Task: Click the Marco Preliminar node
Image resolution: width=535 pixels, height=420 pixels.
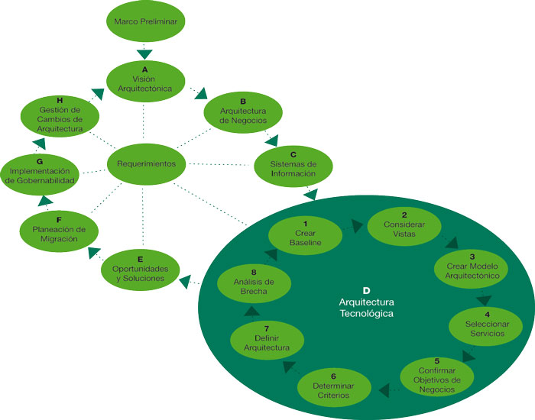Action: [x=145, y=22]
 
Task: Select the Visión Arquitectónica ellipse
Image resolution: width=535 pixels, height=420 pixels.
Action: [x=145, y=77]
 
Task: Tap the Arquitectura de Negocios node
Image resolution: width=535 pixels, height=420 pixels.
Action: [x=242, y=111]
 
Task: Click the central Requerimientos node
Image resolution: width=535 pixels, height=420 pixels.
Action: [x=146, y=163]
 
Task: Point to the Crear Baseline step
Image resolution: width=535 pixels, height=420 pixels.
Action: [x=305, y=232]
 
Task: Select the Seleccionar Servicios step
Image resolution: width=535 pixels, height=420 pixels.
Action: [x=487, y=324]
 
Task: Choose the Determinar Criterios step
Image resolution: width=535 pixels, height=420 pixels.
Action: [x=333, y=388]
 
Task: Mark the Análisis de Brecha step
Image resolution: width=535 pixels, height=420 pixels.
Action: [x=254, y=282]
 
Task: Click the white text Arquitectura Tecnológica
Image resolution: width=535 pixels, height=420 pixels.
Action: [x=366, y=307]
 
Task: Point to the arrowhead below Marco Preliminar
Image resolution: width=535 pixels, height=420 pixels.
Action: [x=144, y=53]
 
